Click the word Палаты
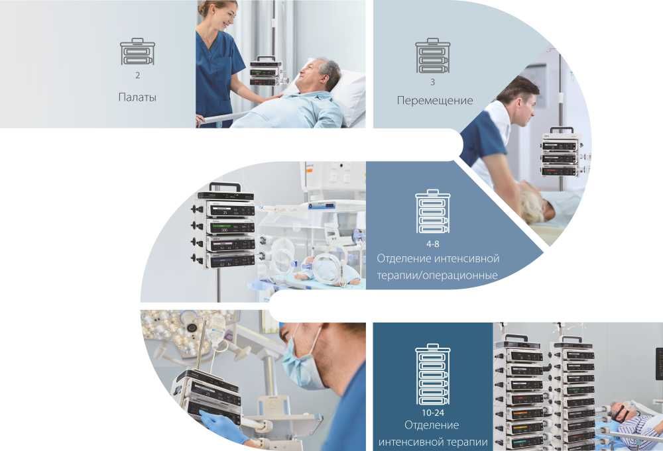pos(137,97)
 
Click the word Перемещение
pos(435,101)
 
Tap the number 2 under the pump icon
pos(138,75)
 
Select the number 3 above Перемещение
pos(432,82)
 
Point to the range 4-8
pos(432,244)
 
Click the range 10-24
pos(432,413)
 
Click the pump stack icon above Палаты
pos(137,52)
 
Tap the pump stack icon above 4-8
pos(432,211)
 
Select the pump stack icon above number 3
pos(432,56)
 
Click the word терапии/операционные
pos(437,276)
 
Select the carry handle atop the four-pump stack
pos(225,187)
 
